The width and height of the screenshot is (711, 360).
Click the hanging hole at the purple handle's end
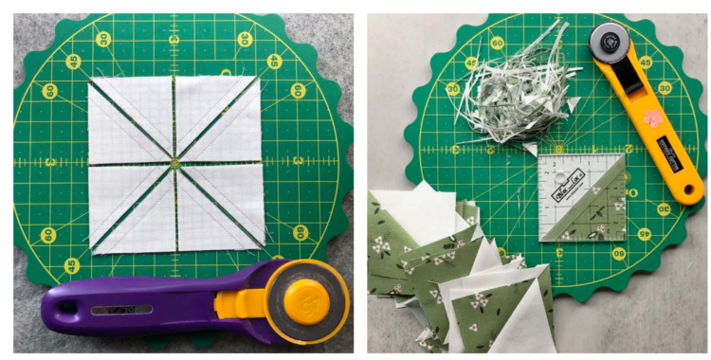coord(64,306)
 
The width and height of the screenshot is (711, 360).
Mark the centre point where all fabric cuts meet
coord(174,164)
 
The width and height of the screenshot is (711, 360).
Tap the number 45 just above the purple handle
coord(71,267)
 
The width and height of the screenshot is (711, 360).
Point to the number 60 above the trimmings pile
coord(496,43)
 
